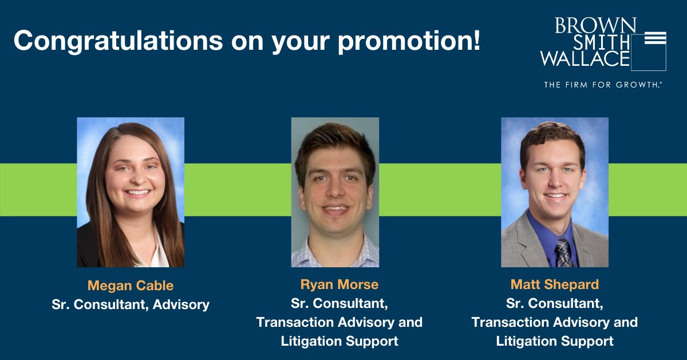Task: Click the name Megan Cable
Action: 131,286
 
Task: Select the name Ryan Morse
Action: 339,284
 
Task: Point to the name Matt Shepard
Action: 555,284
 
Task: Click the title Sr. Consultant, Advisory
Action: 131,304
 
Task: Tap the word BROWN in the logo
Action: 595,26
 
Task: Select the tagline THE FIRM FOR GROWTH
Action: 603,85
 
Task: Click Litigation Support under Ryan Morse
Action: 339,342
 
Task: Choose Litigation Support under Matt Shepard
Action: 555,342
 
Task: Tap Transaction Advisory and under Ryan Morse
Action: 339,322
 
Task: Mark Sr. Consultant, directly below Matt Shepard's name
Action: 555,303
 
